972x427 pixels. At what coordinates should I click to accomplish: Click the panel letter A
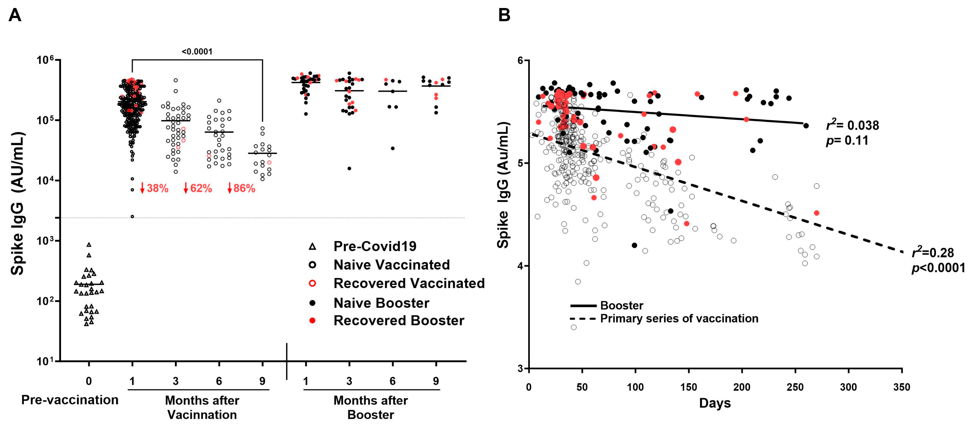(x=15, y=16)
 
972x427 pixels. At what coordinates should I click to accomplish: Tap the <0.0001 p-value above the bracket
(x=197, y=52)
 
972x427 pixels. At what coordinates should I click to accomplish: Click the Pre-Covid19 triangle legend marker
(x=312, y=247)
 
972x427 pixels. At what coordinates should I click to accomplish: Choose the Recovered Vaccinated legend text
(x=409, y=283)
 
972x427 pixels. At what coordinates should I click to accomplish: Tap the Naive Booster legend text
(x=381, y=303)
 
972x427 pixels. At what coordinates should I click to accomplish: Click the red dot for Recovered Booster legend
(x=312, y=321)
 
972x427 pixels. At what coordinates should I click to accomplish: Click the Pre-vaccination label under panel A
(x=70, y=400)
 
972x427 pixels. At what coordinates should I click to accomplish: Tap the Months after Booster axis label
(x=371, y=407)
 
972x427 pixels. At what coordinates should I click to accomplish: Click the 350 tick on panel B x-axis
(x=901, y=387)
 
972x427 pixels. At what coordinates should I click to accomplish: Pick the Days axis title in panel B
(x=715, y=403)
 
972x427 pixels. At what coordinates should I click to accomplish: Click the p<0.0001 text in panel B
(x=938, y=268)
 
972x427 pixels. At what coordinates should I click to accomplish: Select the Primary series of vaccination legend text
(x=679, y=318)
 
